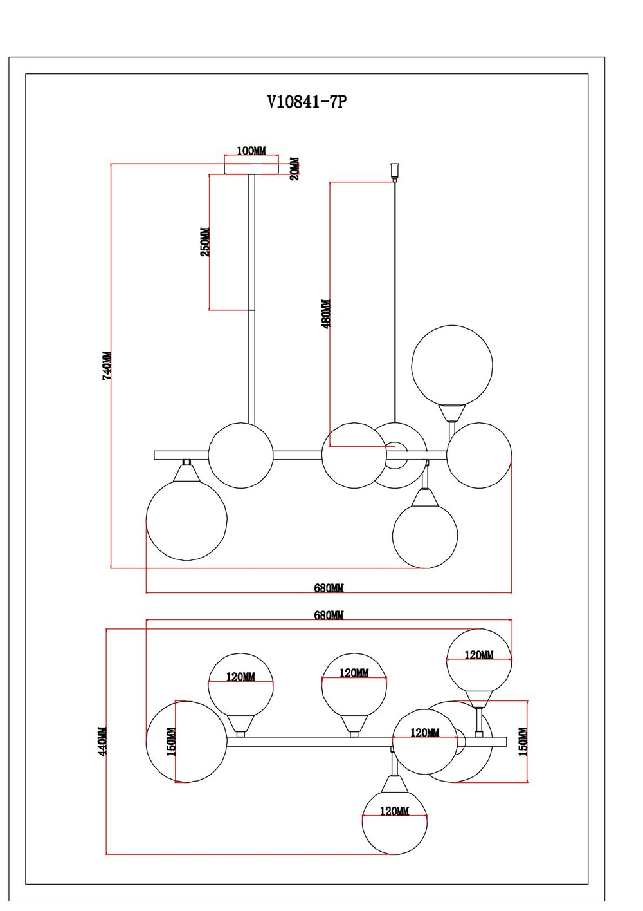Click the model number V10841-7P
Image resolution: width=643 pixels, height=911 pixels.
point(307,102)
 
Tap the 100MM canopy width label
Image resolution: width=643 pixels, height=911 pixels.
point(251,151)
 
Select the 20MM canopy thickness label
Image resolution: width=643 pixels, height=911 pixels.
point(294,168)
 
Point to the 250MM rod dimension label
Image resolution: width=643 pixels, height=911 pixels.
point(205,242)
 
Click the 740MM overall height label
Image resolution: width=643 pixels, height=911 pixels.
point(107,365)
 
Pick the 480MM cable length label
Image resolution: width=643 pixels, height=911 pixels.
point(326,314)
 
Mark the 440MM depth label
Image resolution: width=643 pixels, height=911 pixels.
point(103,741)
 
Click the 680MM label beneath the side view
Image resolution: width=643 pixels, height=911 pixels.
point(329,588)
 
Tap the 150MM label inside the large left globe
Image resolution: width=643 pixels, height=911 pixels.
point(171,742)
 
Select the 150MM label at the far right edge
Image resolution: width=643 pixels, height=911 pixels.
point(523,741)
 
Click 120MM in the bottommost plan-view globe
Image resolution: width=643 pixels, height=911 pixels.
point(394,811)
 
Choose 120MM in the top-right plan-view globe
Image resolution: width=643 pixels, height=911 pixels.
point(479,655)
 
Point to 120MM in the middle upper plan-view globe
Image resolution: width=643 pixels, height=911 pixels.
point(354,673)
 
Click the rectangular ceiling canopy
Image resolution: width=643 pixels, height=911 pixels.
point(251,167)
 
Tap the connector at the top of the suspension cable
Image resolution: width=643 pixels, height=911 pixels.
point(394,171)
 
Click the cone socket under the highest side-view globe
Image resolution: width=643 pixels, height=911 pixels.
point(452,412)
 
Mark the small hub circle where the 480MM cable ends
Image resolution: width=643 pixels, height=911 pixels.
point(394,447)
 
